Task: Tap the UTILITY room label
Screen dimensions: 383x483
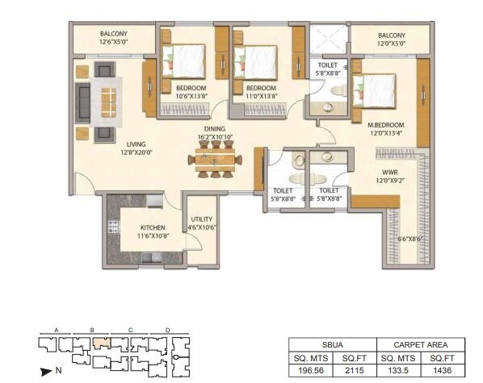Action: click(201, 219)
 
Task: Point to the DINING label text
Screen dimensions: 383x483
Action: click(215, 129)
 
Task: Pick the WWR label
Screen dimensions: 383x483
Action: click(389, 172)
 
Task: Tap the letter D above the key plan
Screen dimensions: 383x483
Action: click(166, 331)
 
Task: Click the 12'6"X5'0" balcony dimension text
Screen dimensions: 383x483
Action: click(114, 41)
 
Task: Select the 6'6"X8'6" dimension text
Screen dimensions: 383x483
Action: click(409, 239)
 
